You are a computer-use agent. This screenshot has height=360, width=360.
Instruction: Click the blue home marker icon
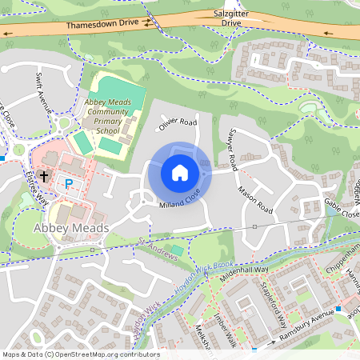(180, 172)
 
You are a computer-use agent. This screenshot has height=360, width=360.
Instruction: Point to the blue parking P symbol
(68, 183)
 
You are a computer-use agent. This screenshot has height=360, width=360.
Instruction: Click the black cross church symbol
(43, 174)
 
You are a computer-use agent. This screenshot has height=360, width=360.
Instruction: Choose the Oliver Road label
(177, 125)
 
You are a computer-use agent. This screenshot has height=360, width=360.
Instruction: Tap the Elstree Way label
(37, 187)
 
